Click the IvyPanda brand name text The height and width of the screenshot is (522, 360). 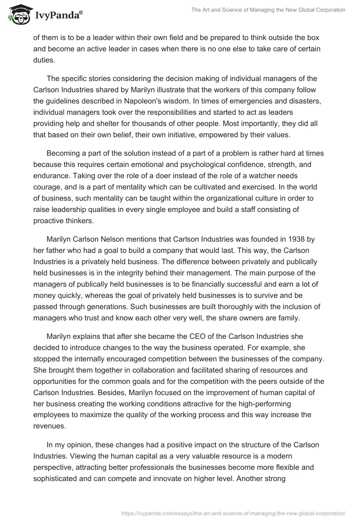click(x=57, y=15)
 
